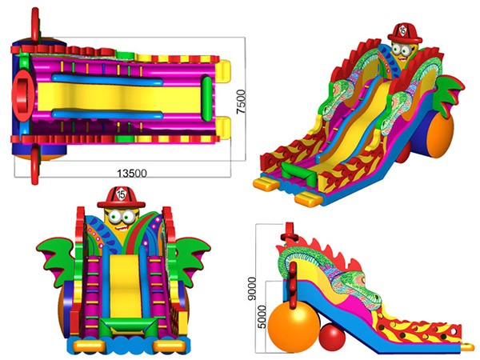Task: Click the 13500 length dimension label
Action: pos(132,174)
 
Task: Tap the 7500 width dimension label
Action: pos(241,102)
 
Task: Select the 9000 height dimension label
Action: pos(252,288)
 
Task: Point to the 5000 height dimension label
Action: pos(262,317)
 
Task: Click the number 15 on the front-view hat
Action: pos(122,194)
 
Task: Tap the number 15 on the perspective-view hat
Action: pos(403,30)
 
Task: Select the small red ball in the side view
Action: pos(332,337)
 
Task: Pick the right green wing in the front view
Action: pos(192,258)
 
